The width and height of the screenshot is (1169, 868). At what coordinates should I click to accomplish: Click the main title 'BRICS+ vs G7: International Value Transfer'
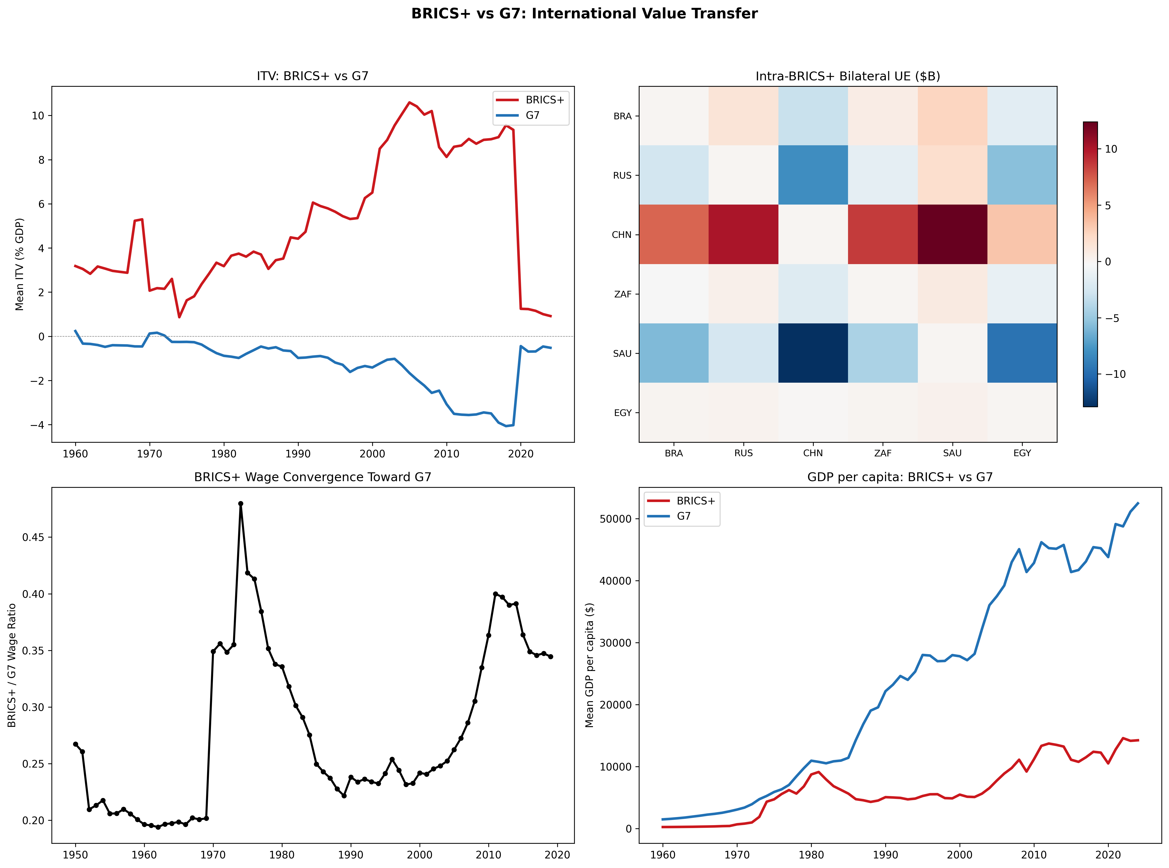(x=584, y=14)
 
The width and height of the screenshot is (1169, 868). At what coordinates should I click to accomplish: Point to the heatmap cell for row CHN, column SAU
(x=952, y=234)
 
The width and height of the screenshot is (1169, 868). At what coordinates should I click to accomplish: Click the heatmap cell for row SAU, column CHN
(x=813, y=353)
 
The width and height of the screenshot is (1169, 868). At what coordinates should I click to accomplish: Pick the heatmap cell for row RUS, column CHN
(x=813, y=175)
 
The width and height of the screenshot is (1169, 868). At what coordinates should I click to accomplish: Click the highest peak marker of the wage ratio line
(x=241, y=503)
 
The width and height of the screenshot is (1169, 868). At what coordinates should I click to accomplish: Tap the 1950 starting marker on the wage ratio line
(x=76, y=744)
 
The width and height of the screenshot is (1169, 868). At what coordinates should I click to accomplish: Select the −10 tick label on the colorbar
(x=1115, y=374)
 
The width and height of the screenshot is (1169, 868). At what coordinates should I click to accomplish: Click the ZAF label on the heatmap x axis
(x=883, y=453)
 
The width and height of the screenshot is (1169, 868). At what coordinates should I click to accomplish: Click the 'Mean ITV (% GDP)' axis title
(x=19, y=264)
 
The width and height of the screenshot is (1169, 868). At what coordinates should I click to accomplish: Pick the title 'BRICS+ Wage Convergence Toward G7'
(x=313, y=477)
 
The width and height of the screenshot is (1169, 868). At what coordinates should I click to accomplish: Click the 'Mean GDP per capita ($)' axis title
(x=590, y=665)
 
